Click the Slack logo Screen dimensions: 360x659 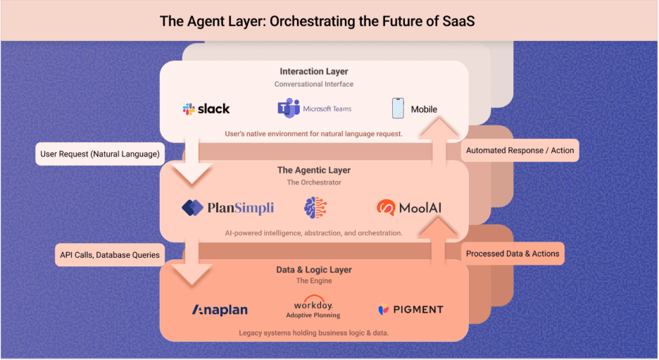(x=206, y=108)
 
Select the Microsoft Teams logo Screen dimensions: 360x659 (x=314, y=108)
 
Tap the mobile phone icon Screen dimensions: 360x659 (x=398, y=108)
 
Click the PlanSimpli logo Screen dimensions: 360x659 (x=227, y=208)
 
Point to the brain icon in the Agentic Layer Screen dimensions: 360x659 (x=315, y=207)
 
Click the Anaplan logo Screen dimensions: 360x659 (x=220, y=309)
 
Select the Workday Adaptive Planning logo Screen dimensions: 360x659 (x=318, y=307)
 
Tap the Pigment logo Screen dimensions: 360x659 (x=410, y=309)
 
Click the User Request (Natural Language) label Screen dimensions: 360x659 (x=100, y=154)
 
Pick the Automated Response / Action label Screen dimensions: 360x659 (x=520, y=150)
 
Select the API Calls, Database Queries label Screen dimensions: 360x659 (x=110, y=254)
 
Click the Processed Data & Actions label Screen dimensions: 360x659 (x=513, y=254)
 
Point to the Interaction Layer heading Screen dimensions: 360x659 (x=314, y=71)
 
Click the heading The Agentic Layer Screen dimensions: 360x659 (x=314, y=170)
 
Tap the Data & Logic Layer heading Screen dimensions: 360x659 (x=314, y=270)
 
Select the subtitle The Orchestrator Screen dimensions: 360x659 (x=314, y=182)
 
